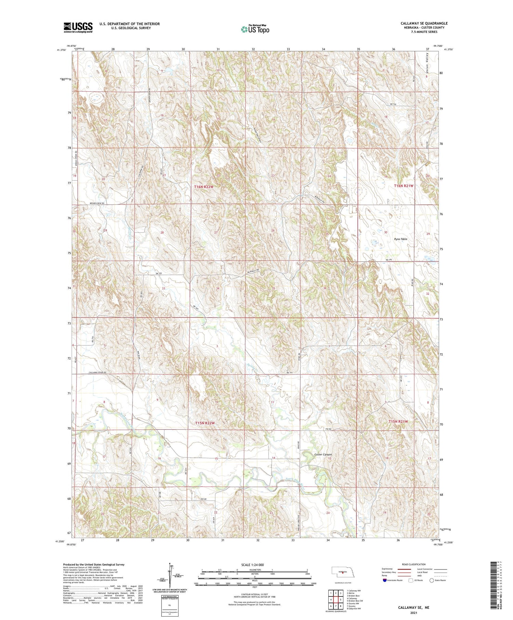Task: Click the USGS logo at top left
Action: coord(78,27)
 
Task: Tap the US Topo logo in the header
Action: coord(255,29)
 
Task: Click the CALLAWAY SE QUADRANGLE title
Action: coord(424,23)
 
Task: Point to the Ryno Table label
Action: coord(400,239)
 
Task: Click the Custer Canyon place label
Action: coord(323,454)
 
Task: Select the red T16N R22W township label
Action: coord(204,187)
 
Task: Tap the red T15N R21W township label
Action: coord(398,421)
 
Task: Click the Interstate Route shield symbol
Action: coord(385,580)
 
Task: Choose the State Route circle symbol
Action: coord(432,580)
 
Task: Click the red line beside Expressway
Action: coord(404,569)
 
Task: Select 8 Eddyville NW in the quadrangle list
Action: coord(354,608)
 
